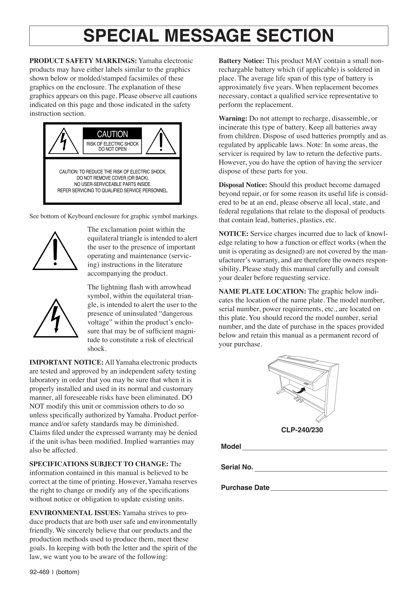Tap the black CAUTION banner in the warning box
(x=112, y=134)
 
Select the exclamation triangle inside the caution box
(x=161, y=142)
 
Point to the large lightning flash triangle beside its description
(x=56, y=319)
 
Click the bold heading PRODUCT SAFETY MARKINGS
(x=83, y=61)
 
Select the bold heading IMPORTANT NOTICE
(x=66, y=362)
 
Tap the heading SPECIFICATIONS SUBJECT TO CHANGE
(x=99, y=464)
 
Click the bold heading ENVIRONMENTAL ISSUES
(x=75, y=513)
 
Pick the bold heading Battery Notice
(x=242, y=61)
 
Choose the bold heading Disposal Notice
(x=243, y=185)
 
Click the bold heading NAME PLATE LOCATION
(x=262, y=292)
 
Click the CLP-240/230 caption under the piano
(x=302, y=430)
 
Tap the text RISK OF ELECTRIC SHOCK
(x=112, y=144)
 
